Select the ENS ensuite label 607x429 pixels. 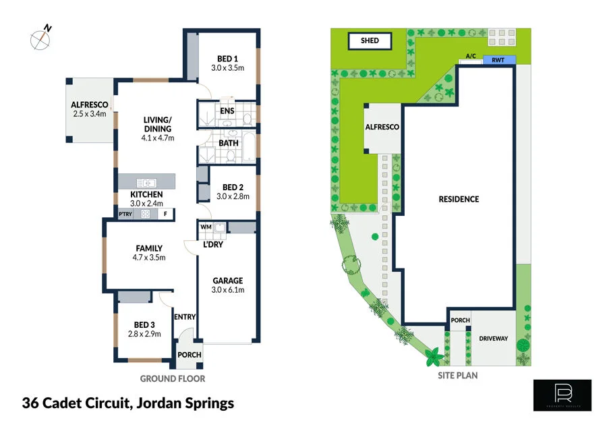[227, 111]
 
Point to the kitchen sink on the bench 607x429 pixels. [146, 182]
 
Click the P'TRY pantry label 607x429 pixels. [125, 214]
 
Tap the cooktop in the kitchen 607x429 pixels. [144, 214]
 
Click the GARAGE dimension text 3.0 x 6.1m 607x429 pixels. [228, 290]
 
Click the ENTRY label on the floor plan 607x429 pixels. [184, 316]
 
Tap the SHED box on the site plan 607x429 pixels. [370, 41]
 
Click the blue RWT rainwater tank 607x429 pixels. [499, 60]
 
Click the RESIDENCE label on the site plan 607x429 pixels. [459, 199]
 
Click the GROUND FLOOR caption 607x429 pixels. [172, 379]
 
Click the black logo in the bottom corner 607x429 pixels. [562, 395]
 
